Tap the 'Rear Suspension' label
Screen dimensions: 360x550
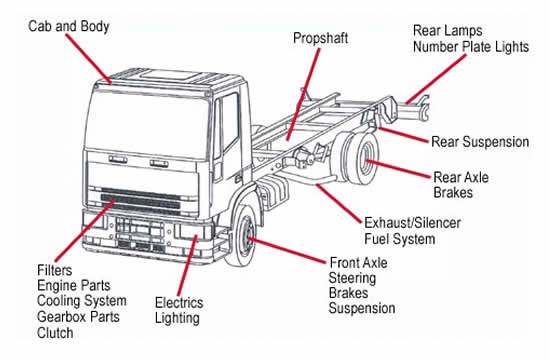tap(480, 142)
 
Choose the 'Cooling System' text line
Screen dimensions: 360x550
tap(81, 301)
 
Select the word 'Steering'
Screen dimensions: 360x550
tap(353, 278)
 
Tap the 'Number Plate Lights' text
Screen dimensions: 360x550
tap(472, 46)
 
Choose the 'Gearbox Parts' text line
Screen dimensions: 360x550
tap(79, 317)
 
